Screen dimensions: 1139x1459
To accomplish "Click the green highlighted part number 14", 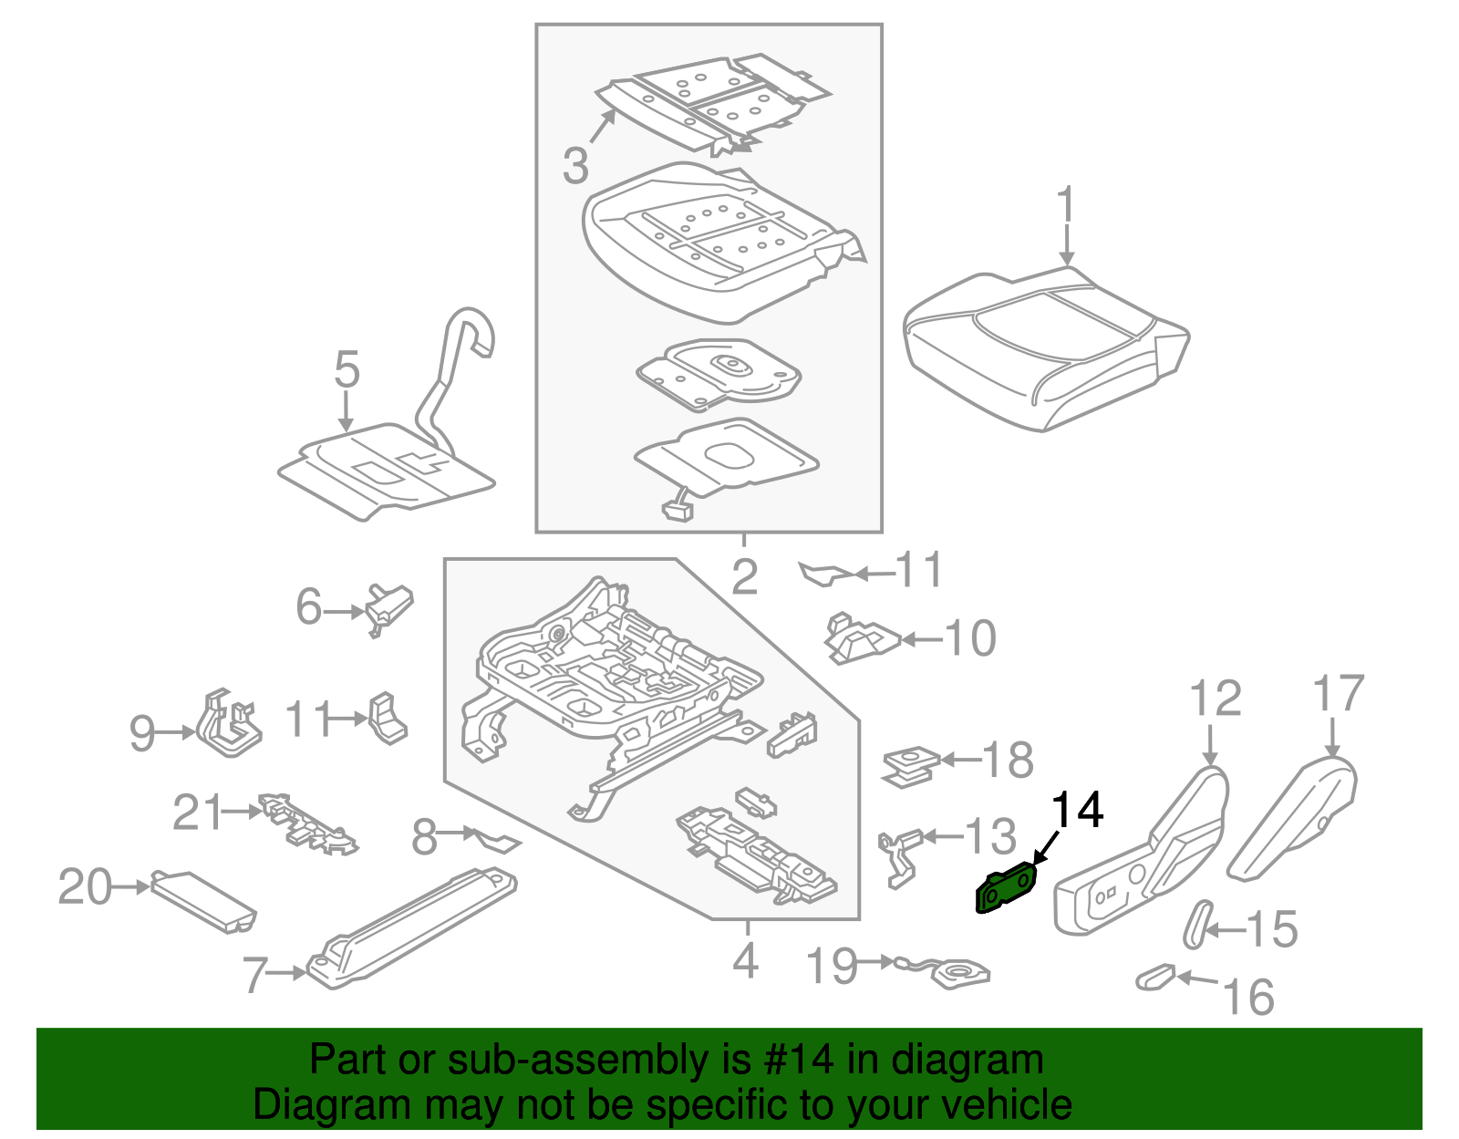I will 1005,889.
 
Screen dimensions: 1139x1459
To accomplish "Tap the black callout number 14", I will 1078,810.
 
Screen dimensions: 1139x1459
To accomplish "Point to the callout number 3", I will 575,166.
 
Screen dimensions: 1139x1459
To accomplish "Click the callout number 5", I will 347,370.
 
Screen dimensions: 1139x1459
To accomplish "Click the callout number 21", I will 198,812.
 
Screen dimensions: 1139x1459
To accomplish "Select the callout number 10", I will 970,638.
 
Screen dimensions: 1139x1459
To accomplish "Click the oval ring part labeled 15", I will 1197,924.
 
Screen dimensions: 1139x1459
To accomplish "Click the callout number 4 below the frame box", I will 746,961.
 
